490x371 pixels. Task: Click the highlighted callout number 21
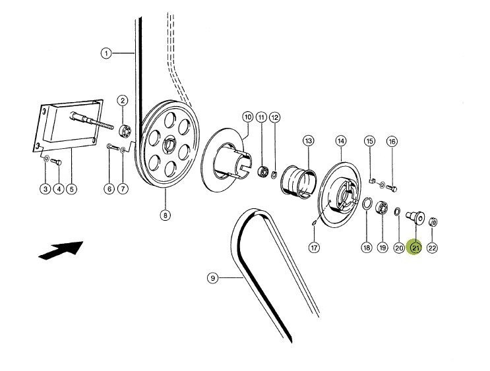[415, 248]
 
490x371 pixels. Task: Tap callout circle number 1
[106, 53]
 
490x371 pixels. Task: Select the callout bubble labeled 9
[212, 278]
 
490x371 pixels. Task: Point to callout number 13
[309, 140]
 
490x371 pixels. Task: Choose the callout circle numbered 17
[314, 247]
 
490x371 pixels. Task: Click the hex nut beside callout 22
[433, 220]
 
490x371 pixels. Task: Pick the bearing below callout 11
[262, 171]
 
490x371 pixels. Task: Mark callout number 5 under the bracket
[71, 189]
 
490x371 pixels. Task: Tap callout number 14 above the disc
[341, 140]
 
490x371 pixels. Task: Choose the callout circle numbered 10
[248, 117]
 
